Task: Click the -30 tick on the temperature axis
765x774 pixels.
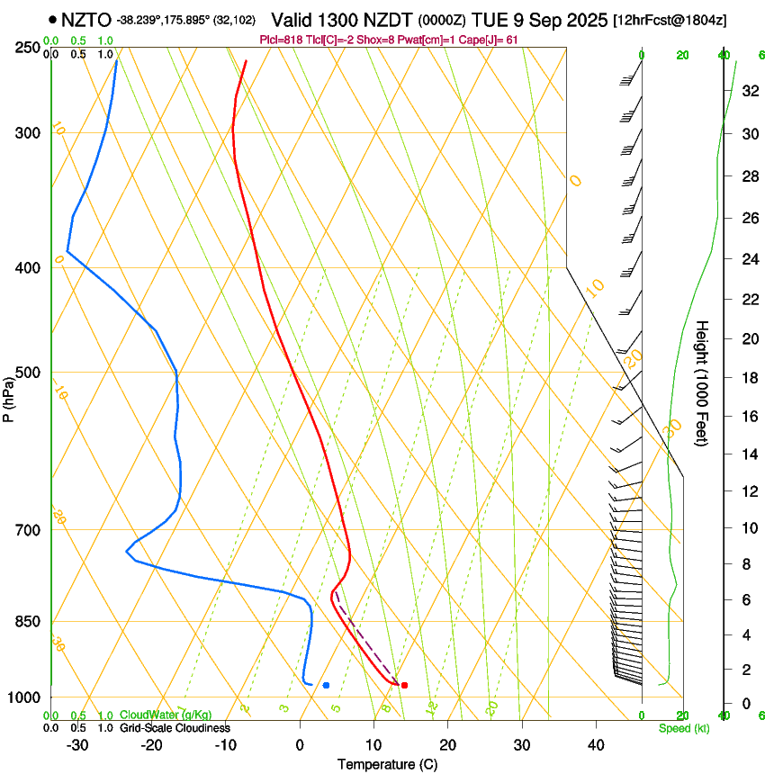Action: [77, 744]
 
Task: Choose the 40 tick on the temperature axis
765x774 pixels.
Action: [596, 744]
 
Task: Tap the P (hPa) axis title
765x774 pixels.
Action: [9, 396]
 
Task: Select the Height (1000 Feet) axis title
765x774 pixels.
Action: [703, 383]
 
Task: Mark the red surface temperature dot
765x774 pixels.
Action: [404, 686]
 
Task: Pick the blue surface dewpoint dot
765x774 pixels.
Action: [326, 686]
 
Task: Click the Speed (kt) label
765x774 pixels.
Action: [683, 728]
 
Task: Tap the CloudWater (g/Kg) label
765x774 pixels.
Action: [166, 715]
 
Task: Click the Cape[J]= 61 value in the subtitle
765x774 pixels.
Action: [491, 40]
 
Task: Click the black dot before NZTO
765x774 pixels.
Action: [53, 19]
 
